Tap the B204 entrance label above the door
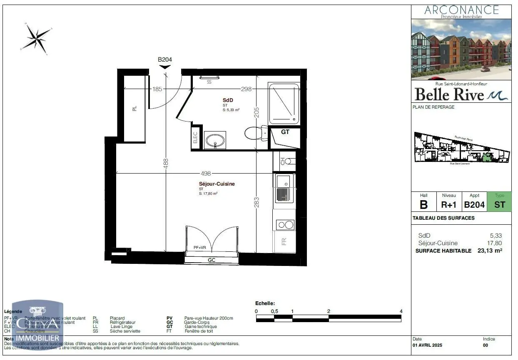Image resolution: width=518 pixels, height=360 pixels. point(165,60)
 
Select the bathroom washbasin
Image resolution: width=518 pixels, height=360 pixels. point(215,140)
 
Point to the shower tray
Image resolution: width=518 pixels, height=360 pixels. point(284,104)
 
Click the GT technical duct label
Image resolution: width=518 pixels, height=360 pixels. point(285,132)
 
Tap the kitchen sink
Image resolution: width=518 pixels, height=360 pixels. point(284,188)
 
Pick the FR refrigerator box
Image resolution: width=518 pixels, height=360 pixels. point(284,241)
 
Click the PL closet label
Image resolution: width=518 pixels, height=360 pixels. point(134,109)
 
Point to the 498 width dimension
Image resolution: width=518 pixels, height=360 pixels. point(206,174)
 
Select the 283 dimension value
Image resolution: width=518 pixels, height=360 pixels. point(257,202)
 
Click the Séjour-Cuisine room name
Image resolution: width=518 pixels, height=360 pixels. point(217,184)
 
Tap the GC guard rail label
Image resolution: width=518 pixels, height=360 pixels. point(212,260)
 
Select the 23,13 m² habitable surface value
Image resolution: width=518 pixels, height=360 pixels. point(490,251)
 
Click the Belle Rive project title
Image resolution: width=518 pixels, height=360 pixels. point(450,94)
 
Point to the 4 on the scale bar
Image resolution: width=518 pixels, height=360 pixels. point(401,311)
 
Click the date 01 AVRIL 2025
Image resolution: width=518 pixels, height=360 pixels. point(427,345)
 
